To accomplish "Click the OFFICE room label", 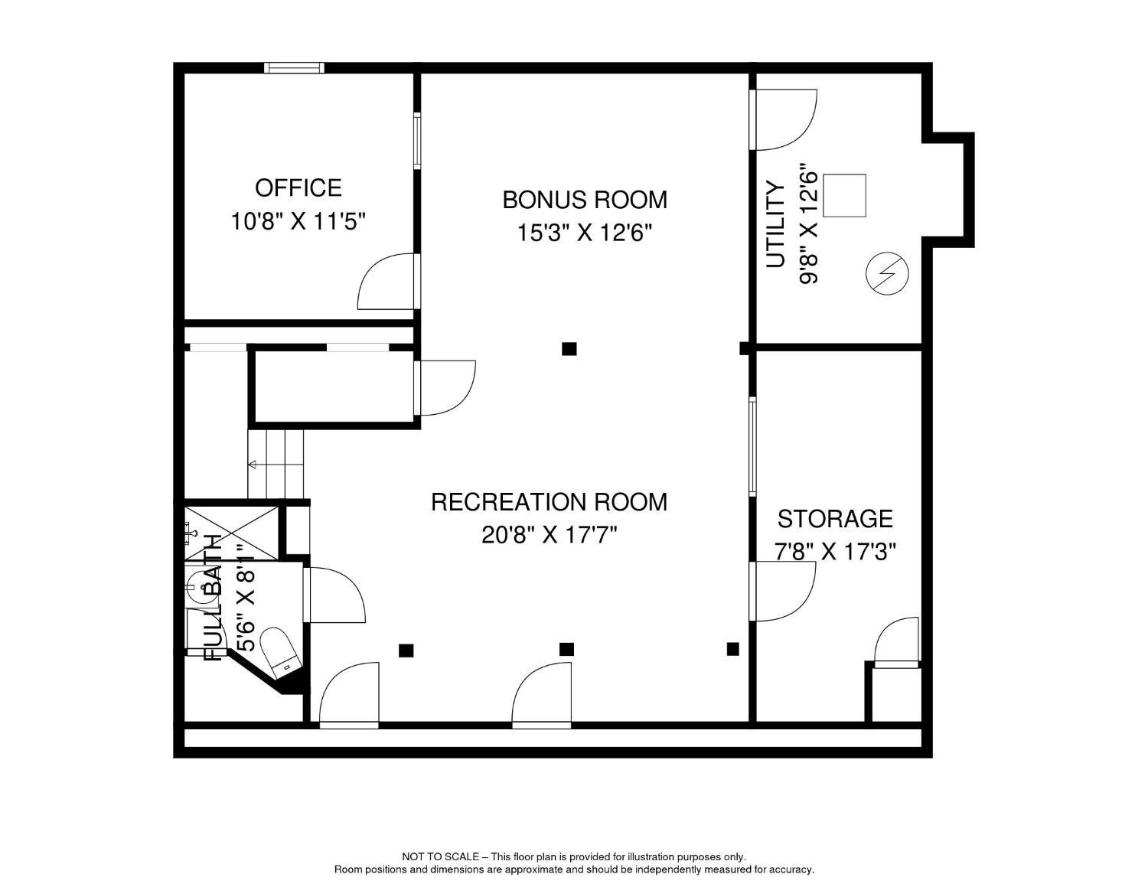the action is pos(298,188).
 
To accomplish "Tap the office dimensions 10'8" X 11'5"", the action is pos(298,221).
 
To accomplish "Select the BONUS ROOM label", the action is pos(584,200).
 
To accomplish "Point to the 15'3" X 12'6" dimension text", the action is pos(584,233).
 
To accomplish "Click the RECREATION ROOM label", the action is pos(549,502).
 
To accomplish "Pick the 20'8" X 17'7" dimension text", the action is pos(550,535).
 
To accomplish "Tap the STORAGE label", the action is pos(835,519).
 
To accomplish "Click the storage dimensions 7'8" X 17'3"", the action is pos(835,552).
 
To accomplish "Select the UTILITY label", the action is pos(775,224).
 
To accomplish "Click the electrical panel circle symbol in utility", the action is pos(888,273).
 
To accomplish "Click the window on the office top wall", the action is pos(294,67).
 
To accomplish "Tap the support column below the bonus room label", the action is pos(569,349).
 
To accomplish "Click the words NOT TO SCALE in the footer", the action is pos(441,857).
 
